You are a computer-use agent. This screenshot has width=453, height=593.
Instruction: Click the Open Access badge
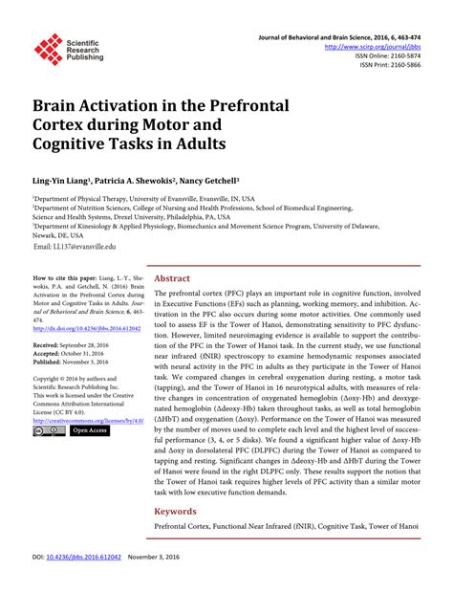tap(90, 431)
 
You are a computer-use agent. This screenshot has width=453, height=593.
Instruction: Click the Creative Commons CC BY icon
tap(49, 431)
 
